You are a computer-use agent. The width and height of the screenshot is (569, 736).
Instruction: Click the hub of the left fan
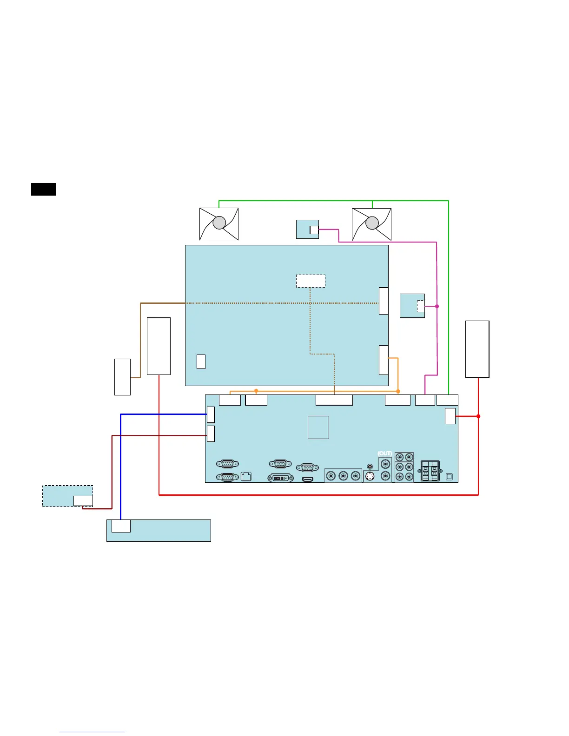[219, 223]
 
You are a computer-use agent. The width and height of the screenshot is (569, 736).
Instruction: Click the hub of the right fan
[372, 223]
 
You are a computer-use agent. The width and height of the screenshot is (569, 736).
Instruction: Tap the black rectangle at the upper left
[43, 189]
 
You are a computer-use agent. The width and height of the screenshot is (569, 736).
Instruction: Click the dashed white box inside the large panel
[311, 281]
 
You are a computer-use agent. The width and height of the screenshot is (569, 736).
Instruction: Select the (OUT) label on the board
[385, 453]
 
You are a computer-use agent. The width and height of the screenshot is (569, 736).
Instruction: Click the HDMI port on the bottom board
[307, 479]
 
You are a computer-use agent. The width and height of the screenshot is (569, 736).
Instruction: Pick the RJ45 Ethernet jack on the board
[246, 476]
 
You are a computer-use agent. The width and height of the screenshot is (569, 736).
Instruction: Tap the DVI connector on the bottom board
[281, 478]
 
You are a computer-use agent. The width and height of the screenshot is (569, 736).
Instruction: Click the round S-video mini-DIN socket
[370, 476]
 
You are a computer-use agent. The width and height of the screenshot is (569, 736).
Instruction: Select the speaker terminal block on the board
[430, 471]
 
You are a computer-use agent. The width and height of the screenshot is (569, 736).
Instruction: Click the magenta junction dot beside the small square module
[437, 306]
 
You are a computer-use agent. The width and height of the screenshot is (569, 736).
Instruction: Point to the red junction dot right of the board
[478, 416]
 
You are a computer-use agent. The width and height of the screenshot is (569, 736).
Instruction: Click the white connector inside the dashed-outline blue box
[83, 501]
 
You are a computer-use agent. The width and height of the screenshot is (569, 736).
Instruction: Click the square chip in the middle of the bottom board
[318, 427]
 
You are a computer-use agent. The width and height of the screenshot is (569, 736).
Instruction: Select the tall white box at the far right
[477, 349]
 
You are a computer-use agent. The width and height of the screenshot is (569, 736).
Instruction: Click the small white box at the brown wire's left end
[122, 377]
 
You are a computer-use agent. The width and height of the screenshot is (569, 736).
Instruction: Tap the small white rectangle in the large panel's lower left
[201, 361]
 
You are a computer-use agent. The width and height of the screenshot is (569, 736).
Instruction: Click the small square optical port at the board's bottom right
[449, 477]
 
